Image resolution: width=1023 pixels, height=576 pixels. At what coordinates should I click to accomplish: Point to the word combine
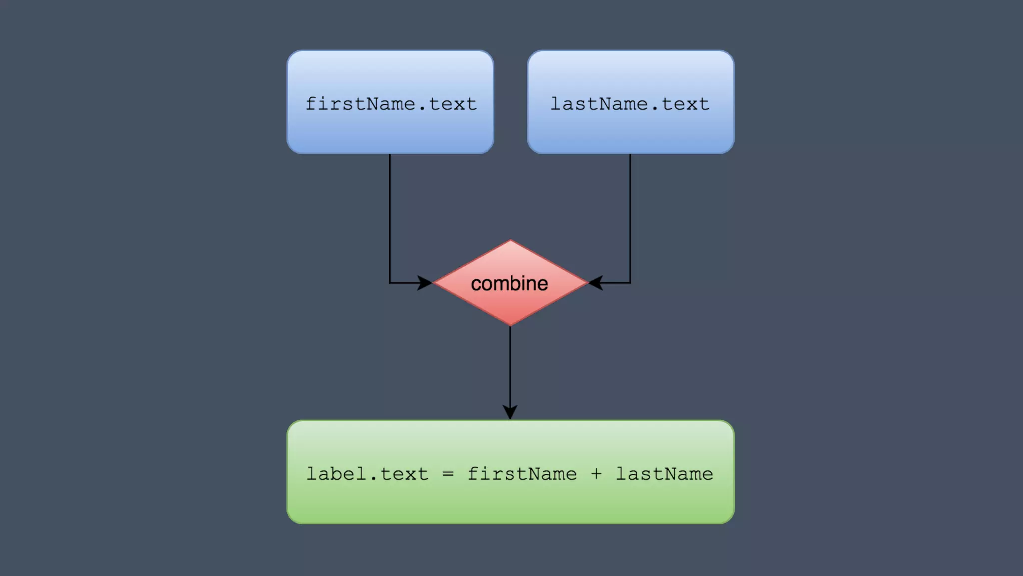pyautogui.click(x=510, y=284)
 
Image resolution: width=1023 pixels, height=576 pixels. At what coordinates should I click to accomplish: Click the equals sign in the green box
pyautogui.click(x=448, y=474)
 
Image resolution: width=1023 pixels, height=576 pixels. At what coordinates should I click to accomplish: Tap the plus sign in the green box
pyautogui.click(x=596, y=474)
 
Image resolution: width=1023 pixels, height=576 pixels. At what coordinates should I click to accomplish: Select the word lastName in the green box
pyautogui.click(x=664, y=474)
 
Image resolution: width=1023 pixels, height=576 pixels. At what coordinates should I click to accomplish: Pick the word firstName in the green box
pyautogui.click(x=522, y=474)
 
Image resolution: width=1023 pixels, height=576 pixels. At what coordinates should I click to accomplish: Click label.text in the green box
pyautogui.click(x=367, y=474)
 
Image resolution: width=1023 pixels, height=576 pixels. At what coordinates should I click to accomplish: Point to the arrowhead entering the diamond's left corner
pyautogui.click(x=425, y=283)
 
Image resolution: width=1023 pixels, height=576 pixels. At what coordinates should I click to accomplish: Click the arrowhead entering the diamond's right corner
pyautogui.click(x=595, y=283)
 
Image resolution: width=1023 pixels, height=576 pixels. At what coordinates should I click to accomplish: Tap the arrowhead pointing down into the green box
pyautogui.click(x=510, y=412)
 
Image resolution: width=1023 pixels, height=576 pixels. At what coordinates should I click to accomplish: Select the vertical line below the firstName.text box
pyautogui.click(x=390, y=215)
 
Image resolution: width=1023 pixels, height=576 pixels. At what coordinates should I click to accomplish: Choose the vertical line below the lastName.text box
pyautogui.click(x=630, y=215)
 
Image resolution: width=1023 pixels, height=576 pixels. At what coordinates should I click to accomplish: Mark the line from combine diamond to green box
pyautogui.click(x=510, y=365)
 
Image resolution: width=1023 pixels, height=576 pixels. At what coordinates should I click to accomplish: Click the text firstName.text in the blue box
pyautogui.click(x=391, y=104)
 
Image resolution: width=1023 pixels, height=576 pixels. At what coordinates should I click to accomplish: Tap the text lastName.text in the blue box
pyautogui.click(x=630, y=104)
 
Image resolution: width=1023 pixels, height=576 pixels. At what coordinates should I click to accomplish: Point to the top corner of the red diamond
pyautogui.click(x=510, y=241)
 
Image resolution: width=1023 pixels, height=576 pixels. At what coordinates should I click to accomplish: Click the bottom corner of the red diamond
pyautogui.click(x=510, y=324)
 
